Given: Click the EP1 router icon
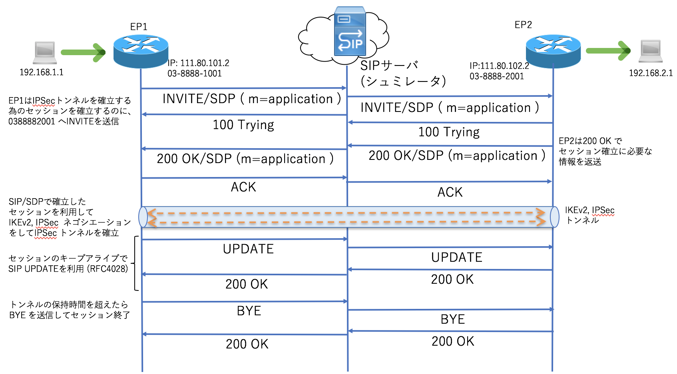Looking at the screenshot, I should [x=141, y=51].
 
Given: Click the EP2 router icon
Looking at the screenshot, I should [x=553, y=50].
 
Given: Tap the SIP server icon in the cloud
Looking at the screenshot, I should [x=350, y=32].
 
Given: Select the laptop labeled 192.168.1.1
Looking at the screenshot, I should [x=44, y=52].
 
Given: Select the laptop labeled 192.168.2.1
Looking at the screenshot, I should [x=651, y=51].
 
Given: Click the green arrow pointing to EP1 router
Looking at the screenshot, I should [x=83, y=52].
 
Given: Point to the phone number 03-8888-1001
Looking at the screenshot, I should [x=195, y=74].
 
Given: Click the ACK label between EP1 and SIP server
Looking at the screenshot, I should [x=243, y=187].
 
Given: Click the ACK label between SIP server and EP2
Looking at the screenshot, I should [x=450, y=192].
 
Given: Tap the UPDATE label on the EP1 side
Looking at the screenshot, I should [x=248, y=249].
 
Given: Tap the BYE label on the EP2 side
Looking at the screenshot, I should [x=453, y=319].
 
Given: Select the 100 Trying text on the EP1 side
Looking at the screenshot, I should [x=243, y=125].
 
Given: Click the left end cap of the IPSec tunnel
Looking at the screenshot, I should [x=143, y=217].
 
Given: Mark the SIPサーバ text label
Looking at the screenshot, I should [x=389, y=66].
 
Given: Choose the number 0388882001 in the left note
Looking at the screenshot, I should [x=32, y=121].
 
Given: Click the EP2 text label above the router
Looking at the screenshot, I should [x=523, y=25].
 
